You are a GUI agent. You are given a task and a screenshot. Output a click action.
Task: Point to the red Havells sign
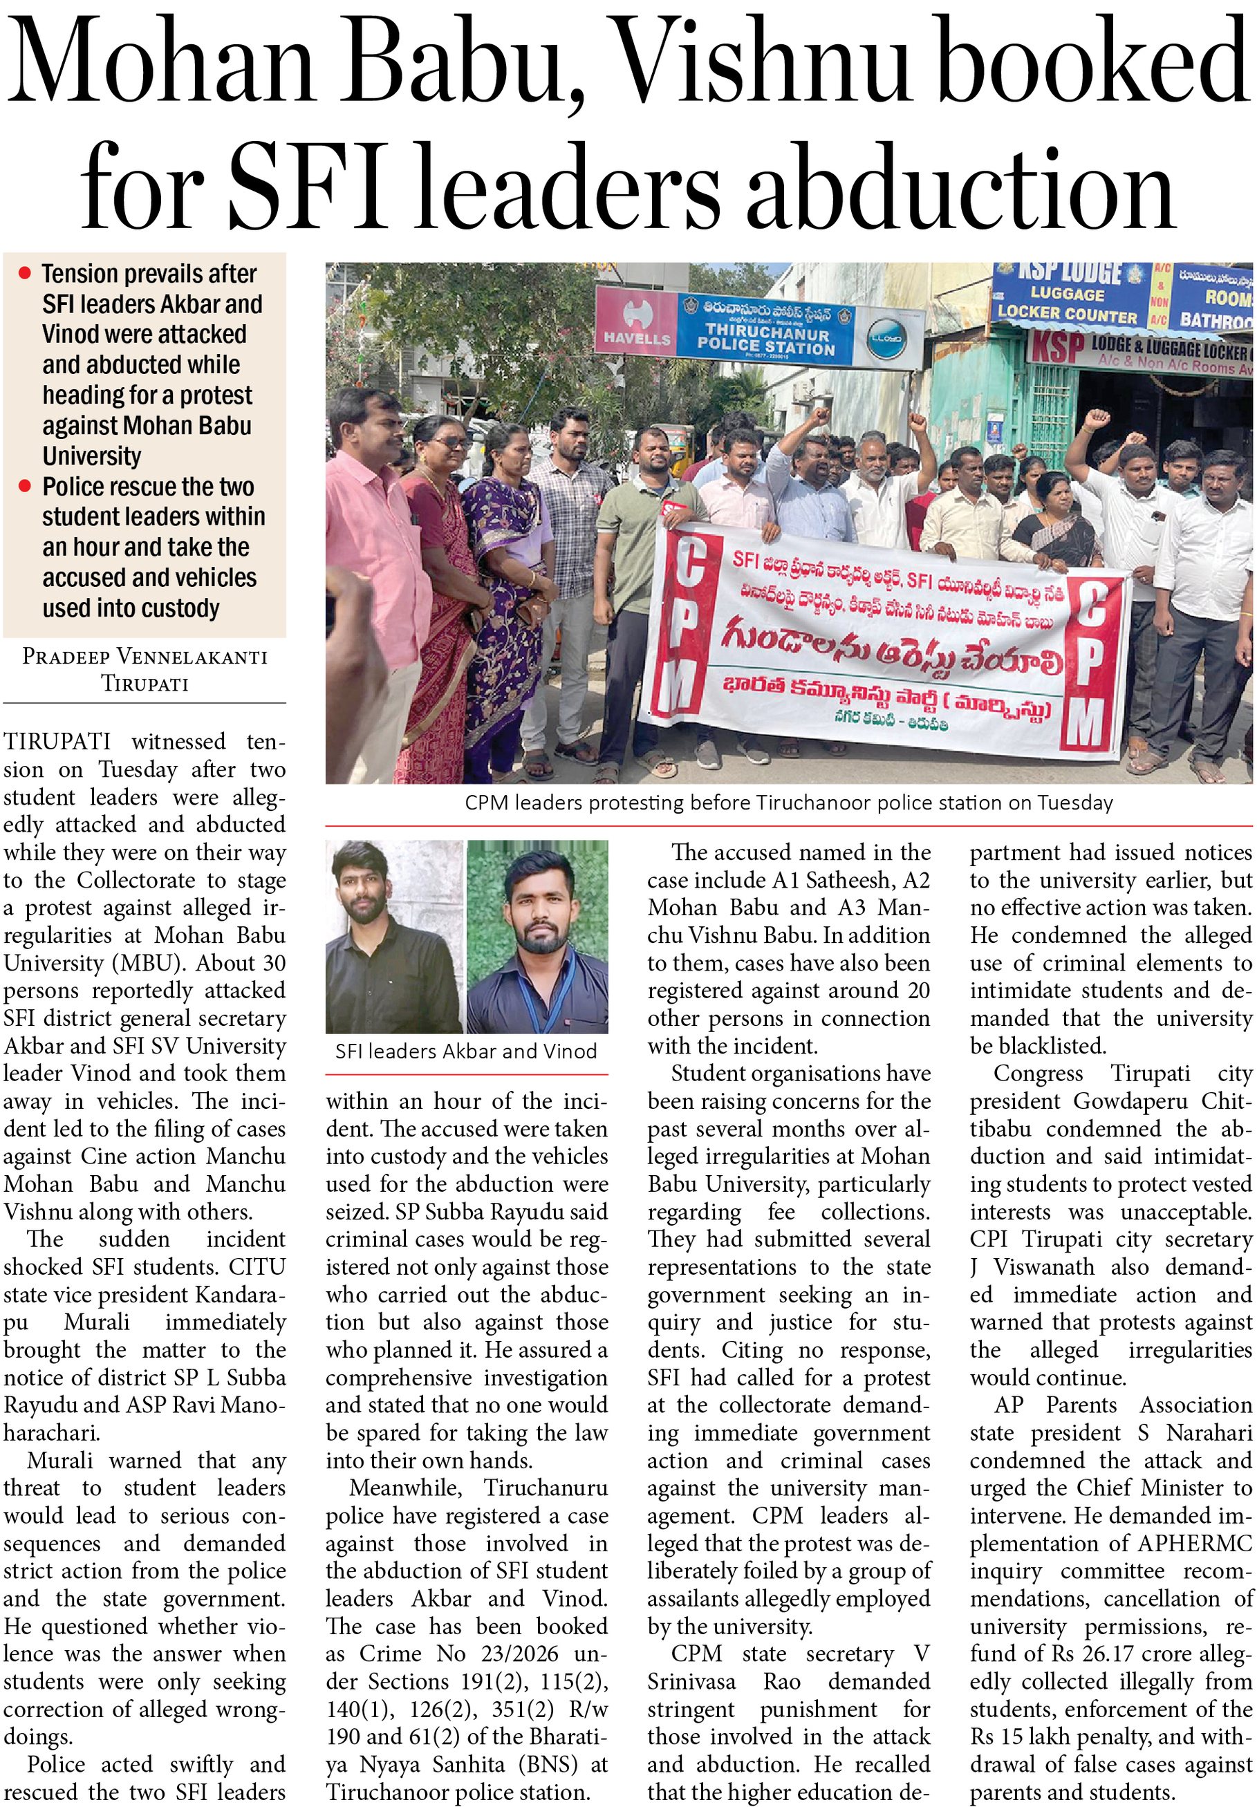(636, 322)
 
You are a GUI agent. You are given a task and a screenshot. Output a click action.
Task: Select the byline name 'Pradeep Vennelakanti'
(145, 657)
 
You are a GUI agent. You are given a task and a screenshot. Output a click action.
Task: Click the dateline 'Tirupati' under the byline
(145, 683)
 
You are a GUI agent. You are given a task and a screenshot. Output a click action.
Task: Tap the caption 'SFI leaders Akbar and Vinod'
(466, 1051)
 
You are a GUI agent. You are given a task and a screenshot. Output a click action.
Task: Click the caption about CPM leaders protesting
(788, 802)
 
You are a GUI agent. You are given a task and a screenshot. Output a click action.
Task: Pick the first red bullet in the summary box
(25, 273)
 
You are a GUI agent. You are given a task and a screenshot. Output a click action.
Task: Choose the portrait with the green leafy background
(538, 937)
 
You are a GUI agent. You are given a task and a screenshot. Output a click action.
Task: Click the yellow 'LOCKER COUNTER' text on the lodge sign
(1068, 312)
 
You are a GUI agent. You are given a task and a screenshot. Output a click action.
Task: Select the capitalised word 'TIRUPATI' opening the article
(57, 741)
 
